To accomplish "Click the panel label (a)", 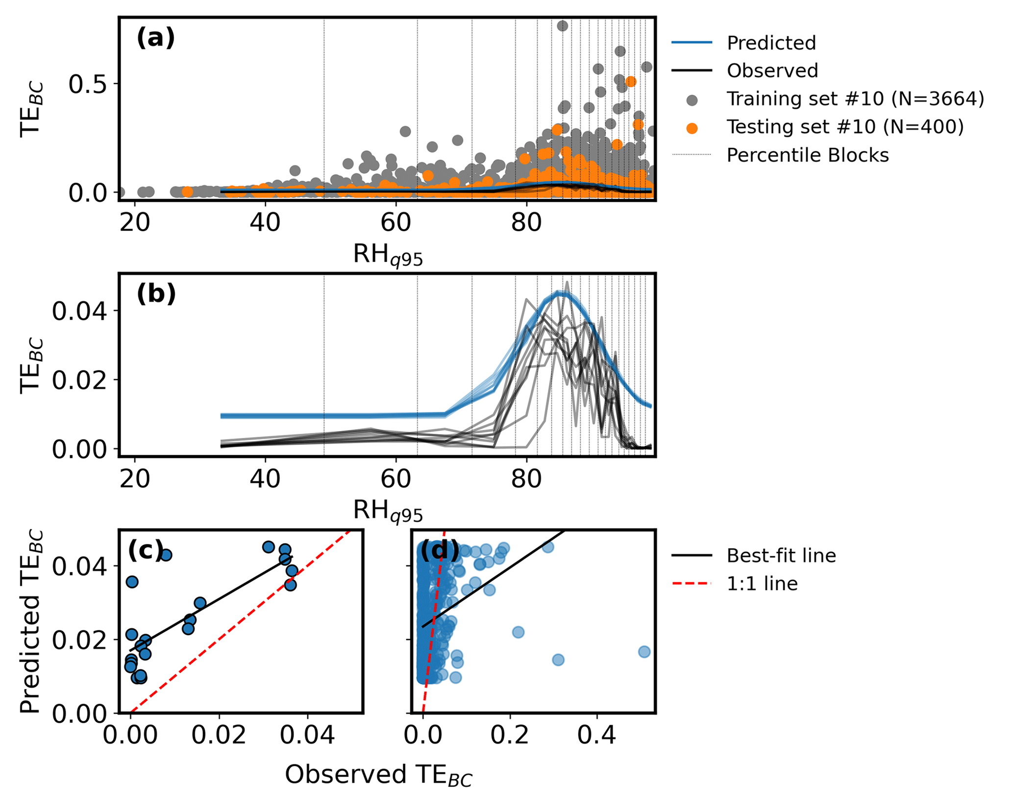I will (155, 38).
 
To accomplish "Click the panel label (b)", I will (156, 294).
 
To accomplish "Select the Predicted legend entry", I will (771, 43).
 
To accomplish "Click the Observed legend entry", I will (772, 71).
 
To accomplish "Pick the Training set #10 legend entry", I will (855, 99).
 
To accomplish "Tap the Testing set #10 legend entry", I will (844, 127).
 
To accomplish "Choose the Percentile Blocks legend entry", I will (807, 155).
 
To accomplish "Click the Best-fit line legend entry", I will (781, 556).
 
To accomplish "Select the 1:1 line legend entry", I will (762, 584).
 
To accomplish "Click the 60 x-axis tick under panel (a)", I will (395, 222).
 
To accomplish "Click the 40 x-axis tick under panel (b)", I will (265, 478).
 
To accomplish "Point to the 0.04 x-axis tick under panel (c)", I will (307, 735).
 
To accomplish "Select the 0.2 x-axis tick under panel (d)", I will (510, 735).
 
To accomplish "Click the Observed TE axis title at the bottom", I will (378, 776).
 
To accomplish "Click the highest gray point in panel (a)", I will (563, 26).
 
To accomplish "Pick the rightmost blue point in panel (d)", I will (644, 652).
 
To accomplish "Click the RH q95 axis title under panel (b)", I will (388, 512).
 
